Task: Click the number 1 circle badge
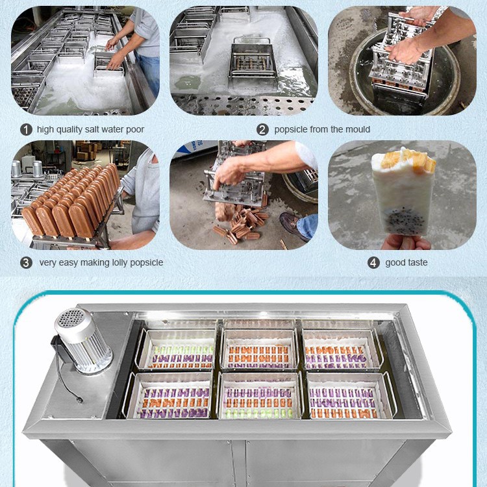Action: (x=26, y=129)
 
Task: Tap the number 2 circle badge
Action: (x=262, y=129)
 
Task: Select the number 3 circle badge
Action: (x=26, y=263)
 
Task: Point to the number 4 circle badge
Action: (x=373, y=263)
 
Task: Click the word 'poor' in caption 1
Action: (x=134, y=129)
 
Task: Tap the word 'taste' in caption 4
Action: (x=416, y=263)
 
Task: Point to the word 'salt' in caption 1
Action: (x=93, y=129)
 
